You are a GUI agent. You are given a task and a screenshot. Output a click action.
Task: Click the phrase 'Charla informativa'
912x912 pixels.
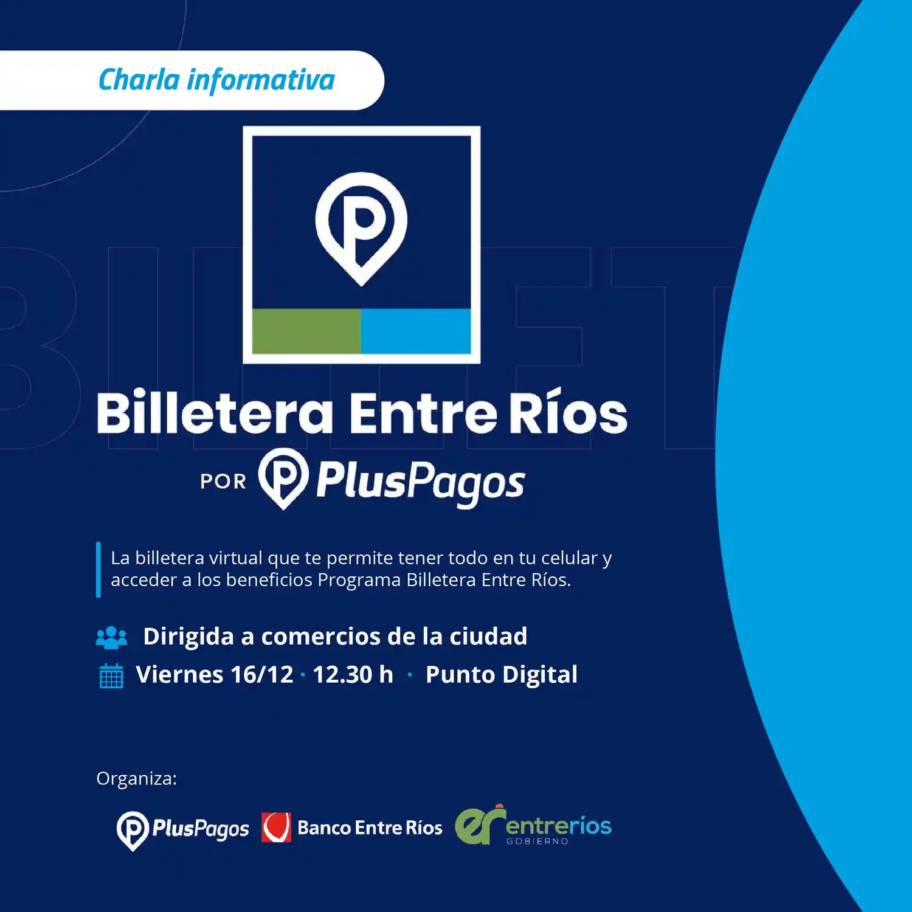pyautogui.click(x=216, y=80)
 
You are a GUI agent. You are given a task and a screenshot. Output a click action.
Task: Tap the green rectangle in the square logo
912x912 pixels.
pyautogui.click(x=306, y=331)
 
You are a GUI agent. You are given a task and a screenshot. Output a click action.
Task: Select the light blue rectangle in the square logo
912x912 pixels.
pyautogui.click(x=416, y=331)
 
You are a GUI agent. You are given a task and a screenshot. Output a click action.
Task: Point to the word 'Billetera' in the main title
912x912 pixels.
pyautogui.click(x=215, y=413)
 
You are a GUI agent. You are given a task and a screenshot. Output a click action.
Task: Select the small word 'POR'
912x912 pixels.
pyautogui.click(x=223, y=482)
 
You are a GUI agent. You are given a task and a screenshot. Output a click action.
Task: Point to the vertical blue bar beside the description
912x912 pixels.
pyautogui.click(x=98, y=570)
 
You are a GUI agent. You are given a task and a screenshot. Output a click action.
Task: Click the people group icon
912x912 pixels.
pyautogui.click(x=111, y=637)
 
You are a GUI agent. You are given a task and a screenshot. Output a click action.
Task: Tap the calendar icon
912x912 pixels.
pyautogui.click(x=111, y=675)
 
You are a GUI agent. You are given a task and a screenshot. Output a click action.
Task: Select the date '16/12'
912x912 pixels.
pyautogui.click(x=262, y=675)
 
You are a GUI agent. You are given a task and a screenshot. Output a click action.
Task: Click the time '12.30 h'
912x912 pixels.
pyautogui.click(x=353, y=675)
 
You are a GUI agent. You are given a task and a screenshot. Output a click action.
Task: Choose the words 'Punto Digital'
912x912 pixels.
pyautogui.click(x=501, y=675)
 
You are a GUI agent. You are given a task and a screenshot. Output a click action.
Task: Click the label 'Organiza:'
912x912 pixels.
pyautogui.click(x=137, y=778)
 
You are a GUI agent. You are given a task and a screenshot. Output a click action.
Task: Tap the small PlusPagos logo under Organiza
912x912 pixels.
pyautogui.click(x=183, y=829)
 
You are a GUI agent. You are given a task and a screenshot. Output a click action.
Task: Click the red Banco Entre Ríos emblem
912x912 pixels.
pyautogui.click(x=276, y=827)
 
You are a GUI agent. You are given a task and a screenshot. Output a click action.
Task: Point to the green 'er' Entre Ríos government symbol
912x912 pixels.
pyautogui.click(x=479, y=826)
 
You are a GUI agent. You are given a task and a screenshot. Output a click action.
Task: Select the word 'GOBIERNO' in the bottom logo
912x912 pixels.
pyautogui.click(x=537, y=841)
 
